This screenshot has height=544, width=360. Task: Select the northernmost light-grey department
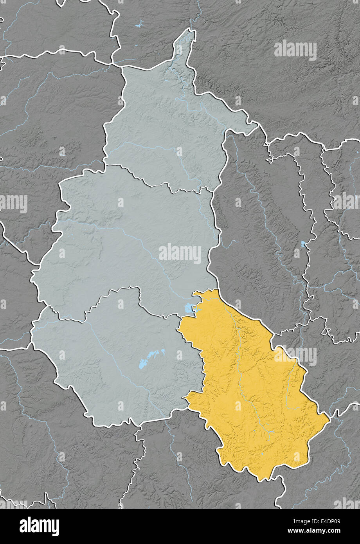168,129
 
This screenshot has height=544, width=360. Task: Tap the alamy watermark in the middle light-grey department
180,254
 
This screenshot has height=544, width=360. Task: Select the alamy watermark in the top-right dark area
295,50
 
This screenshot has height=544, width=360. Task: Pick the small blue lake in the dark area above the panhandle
138,26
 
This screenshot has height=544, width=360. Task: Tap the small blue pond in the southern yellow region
261,454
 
